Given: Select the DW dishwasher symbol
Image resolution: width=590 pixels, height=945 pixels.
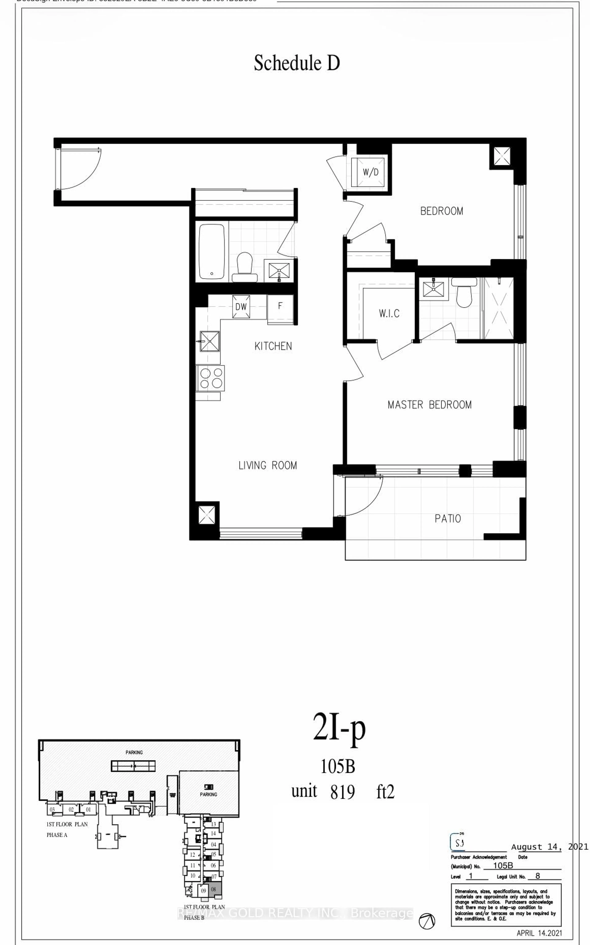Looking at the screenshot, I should (241, 306).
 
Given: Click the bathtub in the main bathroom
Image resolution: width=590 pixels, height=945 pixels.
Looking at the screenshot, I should (212, 251).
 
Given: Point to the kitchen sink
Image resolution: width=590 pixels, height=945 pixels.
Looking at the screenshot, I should (210, 341).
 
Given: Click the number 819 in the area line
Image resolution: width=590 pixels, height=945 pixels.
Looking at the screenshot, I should (342, 792).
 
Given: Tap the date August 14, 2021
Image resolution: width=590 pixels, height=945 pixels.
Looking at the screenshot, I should (549, 846).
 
